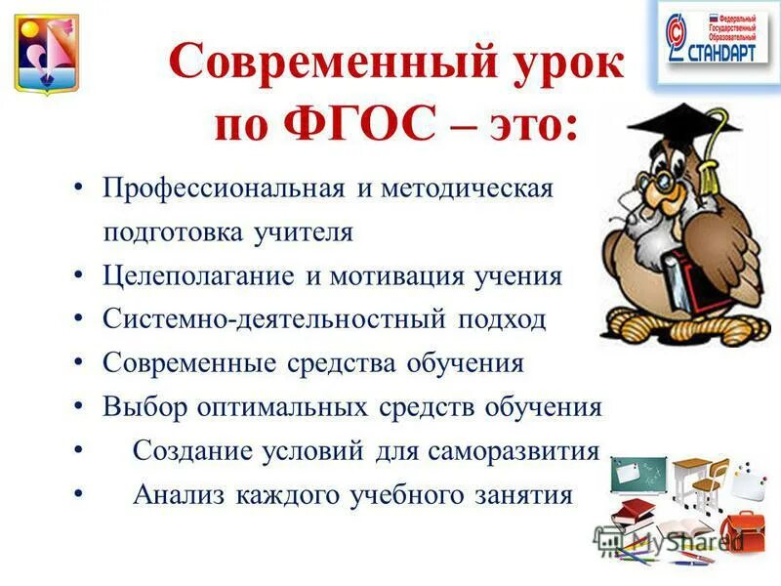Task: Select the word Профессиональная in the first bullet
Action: tap(224, 188)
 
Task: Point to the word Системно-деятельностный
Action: tap(267, 319)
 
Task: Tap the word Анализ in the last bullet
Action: tap(176, 494)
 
